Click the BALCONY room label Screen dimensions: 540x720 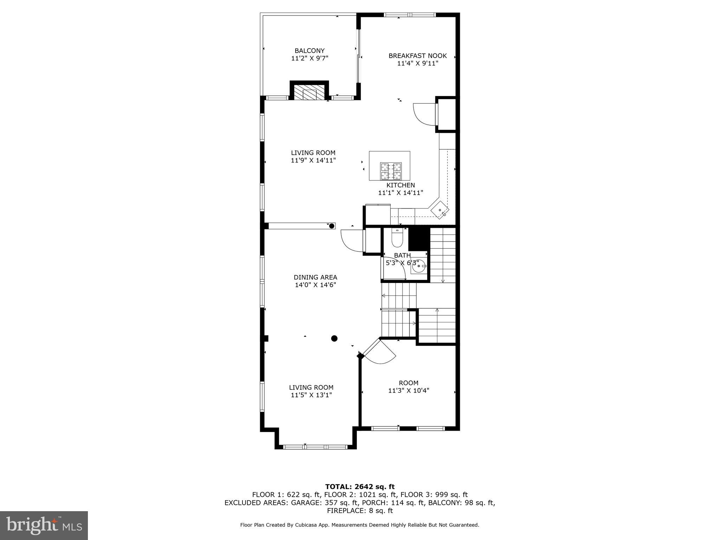[309, 51]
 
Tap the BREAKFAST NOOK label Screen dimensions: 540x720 [417, 56]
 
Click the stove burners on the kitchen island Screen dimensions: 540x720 [391, 171]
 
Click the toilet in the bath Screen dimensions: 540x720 [397, 239]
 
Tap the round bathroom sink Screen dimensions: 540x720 [418, 266]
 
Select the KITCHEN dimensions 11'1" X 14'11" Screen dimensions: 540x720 [400, 193]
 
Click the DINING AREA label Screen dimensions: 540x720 [315, 277]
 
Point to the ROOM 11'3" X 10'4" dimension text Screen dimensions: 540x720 [409, 390]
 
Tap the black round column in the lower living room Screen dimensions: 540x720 [334, 338]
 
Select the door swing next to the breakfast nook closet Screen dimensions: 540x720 [424, 114]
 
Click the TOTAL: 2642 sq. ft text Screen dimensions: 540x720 [360, 487]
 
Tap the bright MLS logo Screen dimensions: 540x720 [44, 525]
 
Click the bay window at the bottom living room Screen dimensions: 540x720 [315, 447]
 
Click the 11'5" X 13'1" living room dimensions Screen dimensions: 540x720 [311, 395]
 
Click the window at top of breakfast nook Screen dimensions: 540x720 [410, 15]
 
